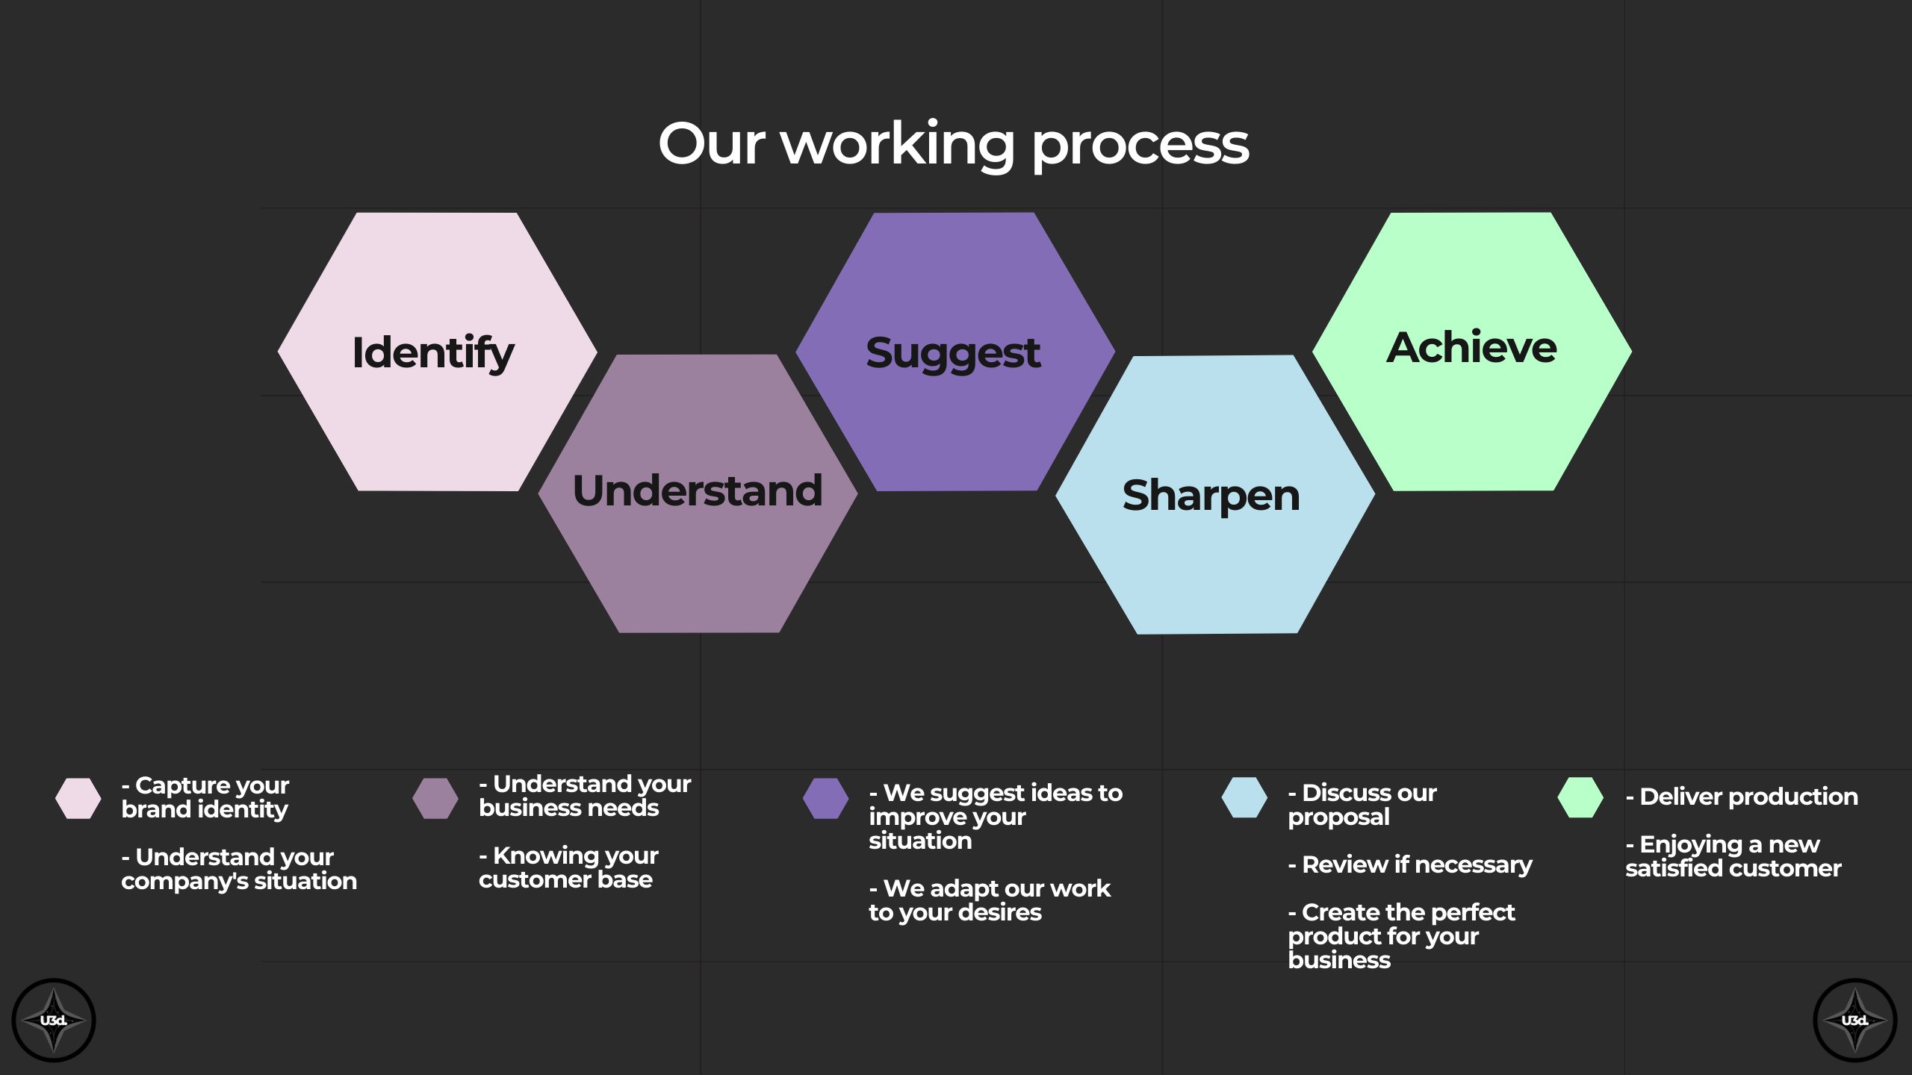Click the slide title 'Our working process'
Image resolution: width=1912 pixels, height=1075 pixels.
click(954, 146)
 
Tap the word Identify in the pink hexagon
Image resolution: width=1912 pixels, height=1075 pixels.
click(433, 352)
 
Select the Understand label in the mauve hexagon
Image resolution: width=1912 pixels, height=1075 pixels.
click(698, 490)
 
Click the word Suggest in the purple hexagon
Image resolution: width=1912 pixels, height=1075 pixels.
click(953, 354)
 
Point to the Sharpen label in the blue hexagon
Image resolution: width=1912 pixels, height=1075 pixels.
click(1211, 496)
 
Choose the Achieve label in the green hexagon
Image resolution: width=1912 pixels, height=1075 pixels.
click(1472, 347)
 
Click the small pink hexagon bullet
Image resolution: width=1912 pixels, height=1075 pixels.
click(78, 798)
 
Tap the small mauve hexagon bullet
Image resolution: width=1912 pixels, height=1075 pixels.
click(435, 798)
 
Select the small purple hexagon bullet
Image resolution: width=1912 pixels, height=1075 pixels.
click(825, 798)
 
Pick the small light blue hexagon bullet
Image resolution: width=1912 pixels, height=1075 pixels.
click(1244, 797)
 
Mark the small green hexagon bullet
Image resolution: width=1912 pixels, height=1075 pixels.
click(1580, 797)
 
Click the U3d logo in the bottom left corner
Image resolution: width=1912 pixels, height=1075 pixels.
click(54, 1021)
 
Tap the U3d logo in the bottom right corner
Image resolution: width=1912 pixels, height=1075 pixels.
click(1855, 1021)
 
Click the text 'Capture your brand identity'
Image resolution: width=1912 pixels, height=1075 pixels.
click(205, 797)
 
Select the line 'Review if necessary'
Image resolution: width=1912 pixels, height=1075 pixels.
click(1410, 864)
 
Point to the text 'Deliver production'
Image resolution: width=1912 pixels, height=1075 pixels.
click(1742, 797)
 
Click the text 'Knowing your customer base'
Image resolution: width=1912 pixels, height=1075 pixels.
click(569, 867)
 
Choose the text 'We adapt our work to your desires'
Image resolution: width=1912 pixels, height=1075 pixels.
click(990, 900)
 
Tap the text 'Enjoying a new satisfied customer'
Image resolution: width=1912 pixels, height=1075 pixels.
click(1733, 856)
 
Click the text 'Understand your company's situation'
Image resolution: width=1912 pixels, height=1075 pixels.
click(239, 869)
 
